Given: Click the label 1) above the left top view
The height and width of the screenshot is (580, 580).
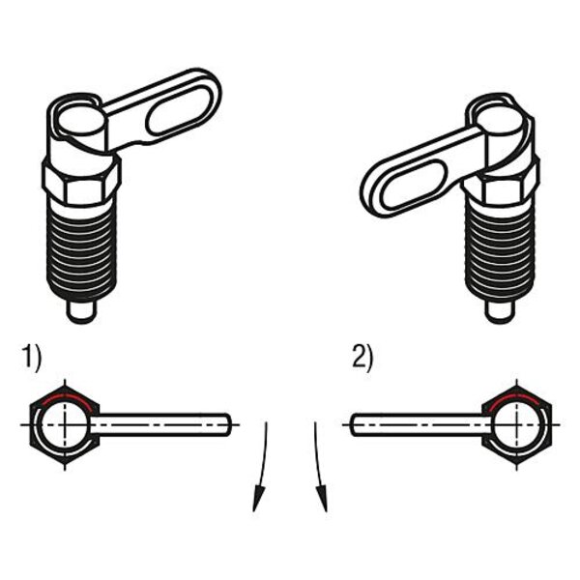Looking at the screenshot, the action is pyautogui.click(x=32, y=357).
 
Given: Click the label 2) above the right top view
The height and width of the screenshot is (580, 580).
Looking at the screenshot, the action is pyautogui.click(x=362, y=357).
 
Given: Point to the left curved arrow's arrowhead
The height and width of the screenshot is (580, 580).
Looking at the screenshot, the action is pyautogui.click(x=258, y=499).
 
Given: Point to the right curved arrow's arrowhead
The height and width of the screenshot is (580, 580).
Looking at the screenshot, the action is pyautogui.click(x=322, y=499).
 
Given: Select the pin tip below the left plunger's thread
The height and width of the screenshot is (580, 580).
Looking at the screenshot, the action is pyautogui.click(x=82, y=313).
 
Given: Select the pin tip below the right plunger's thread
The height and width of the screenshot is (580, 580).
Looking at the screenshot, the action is pyautogui.click(x=499, y=313).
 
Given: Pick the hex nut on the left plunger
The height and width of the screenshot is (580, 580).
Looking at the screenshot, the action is pyautogui.click(x=81, y=181).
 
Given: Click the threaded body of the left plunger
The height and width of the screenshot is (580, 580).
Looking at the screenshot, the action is pyautogui.click(x=82, y=252).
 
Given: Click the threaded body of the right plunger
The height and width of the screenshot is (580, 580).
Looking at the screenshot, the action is pyautogui.click(x=500, y=252).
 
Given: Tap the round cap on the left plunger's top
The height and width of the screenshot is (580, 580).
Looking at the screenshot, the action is pyautogui.click(x=80, y=121).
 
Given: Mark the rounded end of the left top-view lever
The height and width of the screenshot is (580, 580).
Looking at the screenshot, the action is pyautogui.click(x=227, y=424).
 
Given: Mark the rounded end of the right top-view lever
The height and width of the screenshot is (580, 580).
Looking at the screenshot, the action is pyautogui.click(x=355, y=424).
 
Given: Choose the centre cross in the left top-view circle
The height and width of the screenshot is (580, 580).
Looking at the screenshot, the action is pyautogui.click(x=65, y=424).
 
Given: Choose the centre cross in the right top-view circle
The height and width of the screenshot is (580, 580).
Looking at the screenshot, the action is pyautogui.click(x=517, y=425).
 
